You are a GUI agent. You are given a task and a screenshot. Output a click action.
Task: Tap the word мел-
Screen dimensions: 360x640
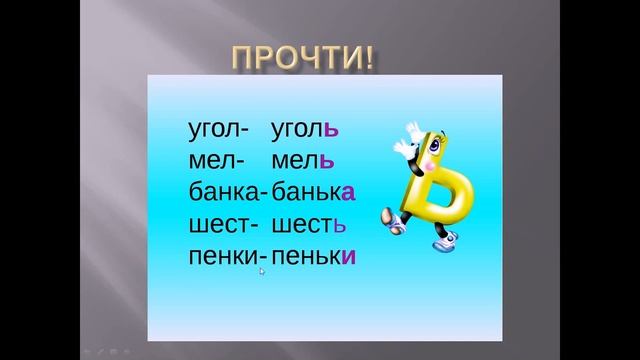tap(211, 161)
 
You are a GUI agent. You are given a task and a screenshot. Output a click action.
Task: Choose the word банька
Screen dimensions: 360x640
tap(314, 192)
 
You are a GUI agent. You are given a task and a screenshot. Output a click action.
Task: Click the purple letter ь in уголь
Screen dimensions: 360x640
tap(334, 130)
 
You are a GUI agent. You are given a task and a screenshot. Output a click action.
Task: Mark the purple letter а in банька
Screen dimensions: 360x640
tap(349, 192)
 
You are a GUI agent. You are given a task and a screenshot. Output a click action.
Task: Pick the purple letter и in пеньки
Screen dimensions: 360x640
tap(348, 255)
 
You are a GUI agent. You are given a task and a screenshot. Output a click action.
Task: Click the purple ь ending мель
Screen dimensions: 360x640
tap(326, 161)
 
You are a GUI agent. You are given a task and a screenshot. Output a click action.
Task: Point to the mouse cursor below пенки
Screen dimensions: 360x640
tap(262, 270)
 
